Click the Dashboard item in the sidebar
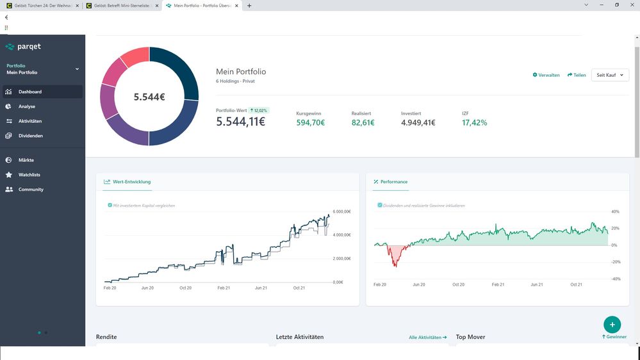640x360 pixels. pos(30,92)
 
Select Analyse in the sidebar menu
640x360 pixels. pos(27,106)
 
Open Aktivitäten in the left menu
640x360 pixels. pos(30,121)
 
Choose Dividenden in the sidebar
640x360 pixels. pos(30,136)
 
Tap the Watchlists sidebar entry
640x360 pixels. pos(29,175)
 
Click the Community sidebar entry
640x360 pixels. pos(31,190)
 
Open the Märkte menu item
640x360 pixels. pos(26,160)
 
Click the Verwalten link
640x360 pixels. pos(546,75)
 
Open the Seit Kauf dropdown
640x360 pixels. pos(609,75)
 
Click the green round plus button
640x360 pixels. pos(612,324)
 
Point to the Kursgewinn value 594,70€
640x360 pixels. pos(310,123)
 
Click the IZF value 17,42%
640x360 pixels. pos(474,123)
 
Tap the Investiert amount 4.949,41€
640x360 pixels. pos(418,123)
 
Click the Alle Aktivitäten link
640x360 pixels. pos(428,337)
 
